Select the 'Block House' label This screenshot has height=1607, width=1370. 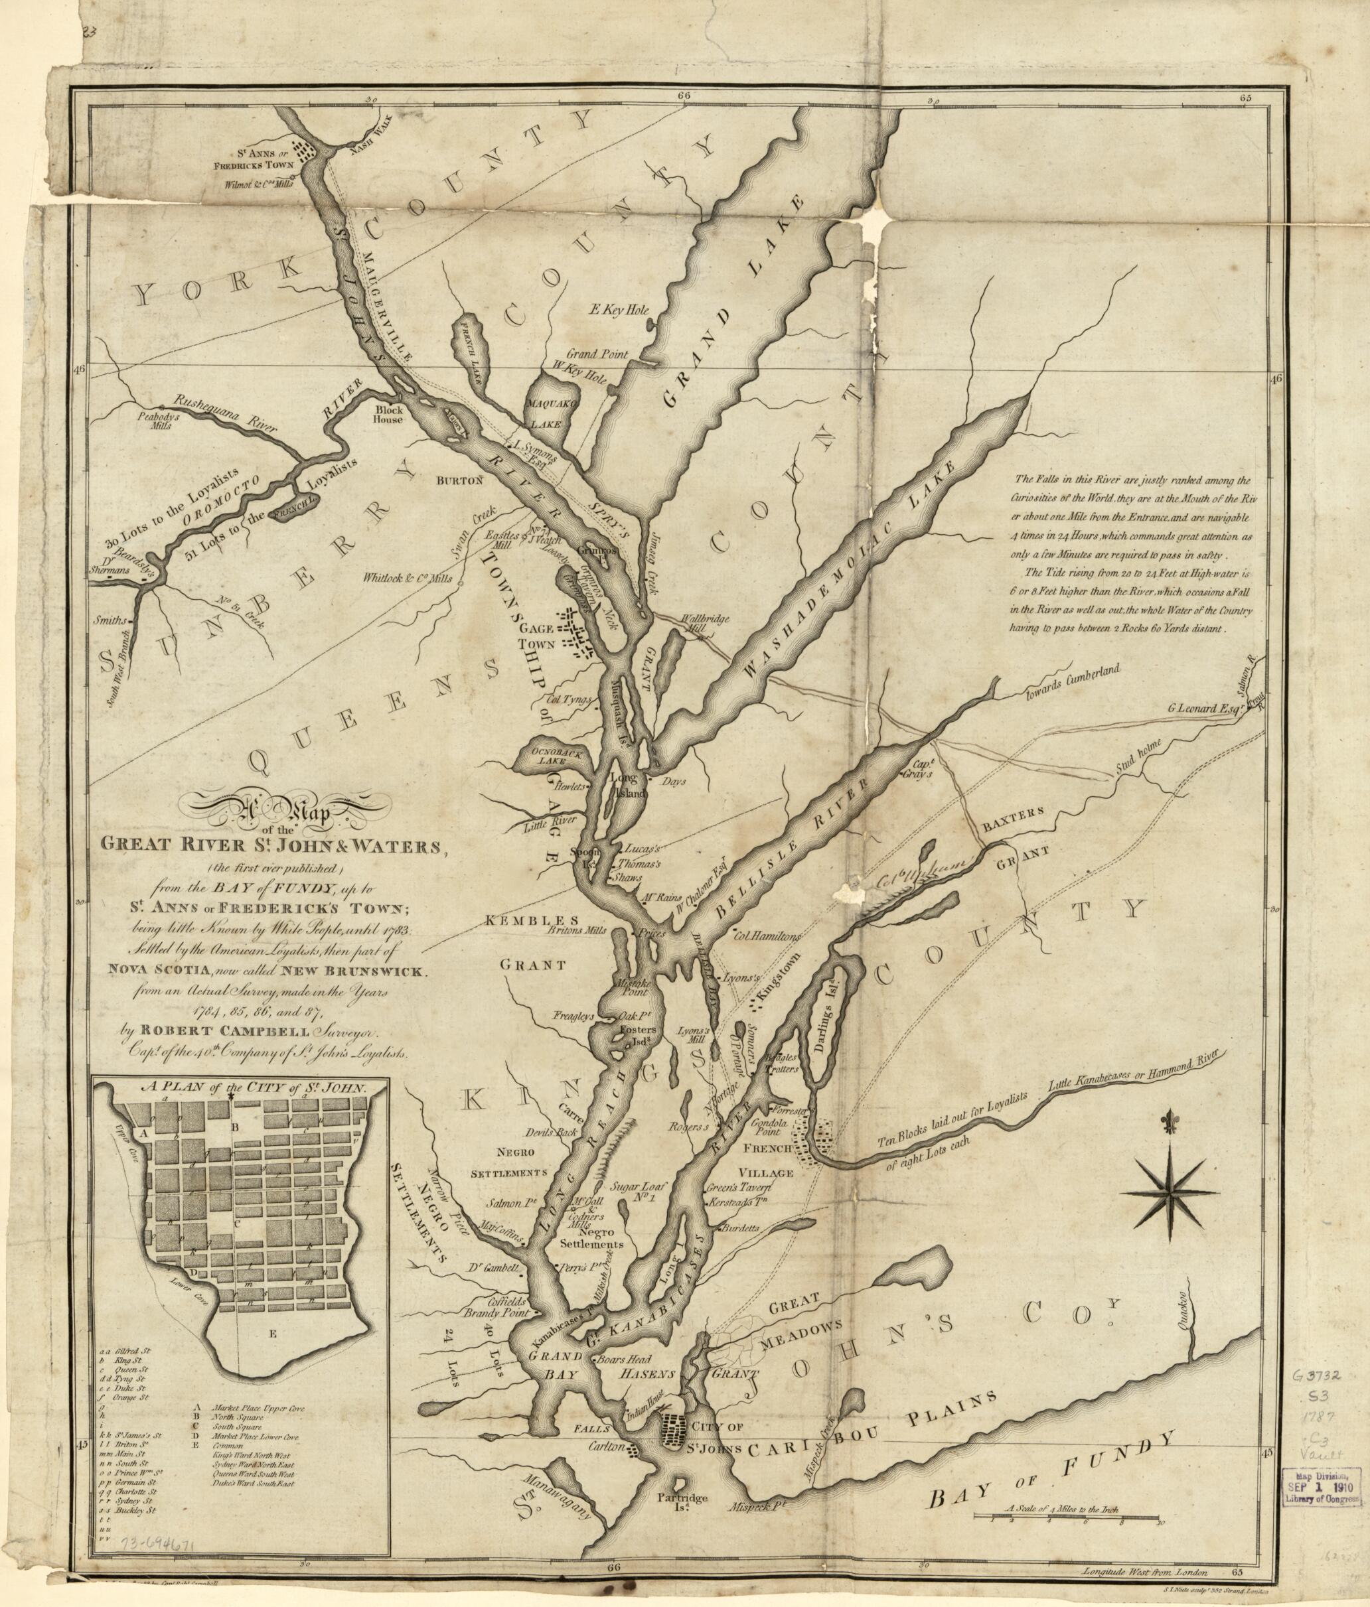click(388, 414)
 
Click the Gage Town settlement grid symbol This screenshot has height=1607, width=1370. click(578, 633)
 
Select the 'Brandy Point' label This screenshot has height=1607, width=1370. click(496, 1313)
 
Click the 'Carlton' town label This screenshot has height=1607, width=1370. click(607, 1447)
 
